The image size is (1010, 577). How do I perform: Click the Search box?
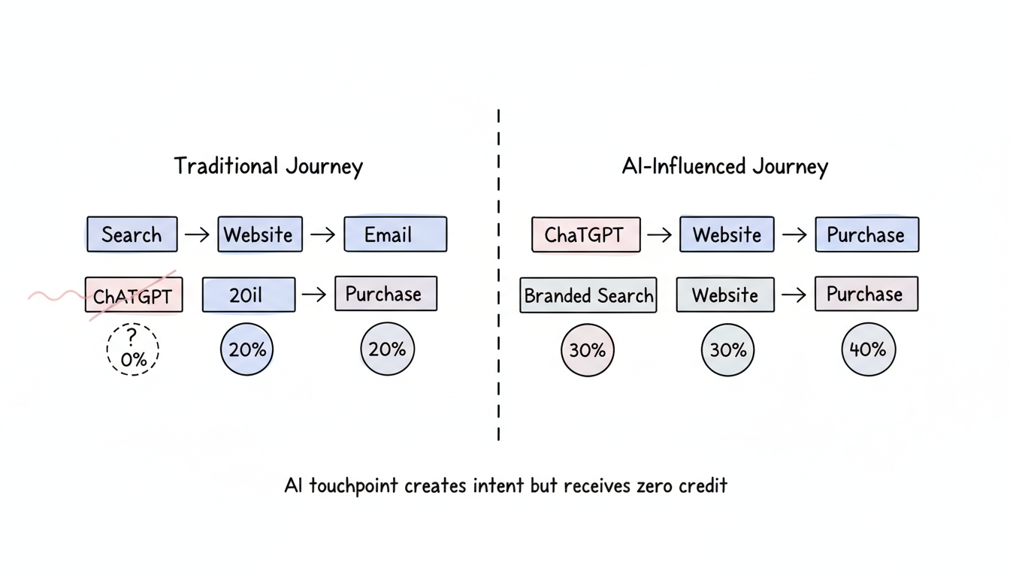tap(132, 234)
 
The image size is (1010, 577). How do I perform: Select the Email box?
tap(395, 234)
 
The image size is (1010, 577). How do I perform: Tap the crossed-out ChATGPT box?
tap(134, 295)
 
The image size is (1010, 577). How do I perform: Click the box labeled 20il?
tap(248, 295)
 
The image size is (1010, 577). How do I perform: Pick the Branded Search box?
tap(588, 295)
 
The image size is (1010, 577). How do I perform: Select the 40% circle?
tap(868, 349)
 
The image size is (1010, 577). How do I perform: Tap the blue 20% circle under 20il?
tap(247, 349)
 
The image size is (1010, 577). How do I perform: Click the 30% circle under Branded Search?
tap(588, 350)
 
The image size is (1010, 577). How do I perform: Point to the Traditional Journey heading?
tap(268, 166)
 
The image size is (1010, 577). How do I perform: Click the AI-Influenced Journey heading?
tap(724, 166)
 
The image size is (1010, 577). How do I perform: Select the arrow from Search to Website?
tap(197, 234)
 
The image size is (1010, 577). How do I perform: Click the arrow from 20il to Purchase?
tap(314, 295)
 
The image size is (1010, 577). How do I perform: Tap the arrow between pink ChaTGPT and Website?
tap(659, 234)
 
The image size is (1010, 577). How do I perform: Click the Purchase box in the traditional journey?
tap(386, 294)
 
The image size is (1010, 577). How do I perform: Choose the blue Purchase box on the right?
tap(866, 234)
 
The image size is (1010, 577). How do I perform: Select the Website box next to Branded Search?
tap(725, 295)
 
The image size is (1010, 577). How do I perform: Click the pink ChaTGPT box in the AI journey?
tap(585, 234)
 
